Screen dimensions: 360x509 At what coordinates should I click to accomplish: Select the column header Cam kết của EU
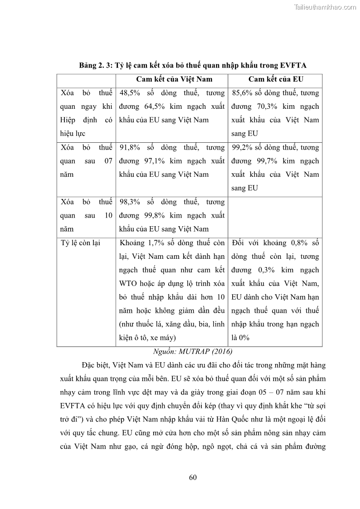(276, 79)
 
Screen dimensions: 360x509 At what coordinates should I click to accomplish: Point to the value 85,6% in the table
(242, 93)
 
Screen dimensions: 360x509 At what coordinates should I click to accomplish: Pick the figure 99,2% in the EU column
(242, 148)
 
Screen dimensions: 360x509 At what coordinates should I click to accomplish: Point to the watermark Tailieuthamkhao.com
(325, 7)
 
